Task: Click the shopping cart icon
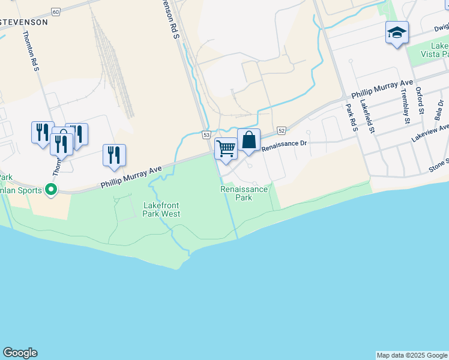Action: point(226,147)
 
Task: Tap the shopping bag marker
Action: point(249,140)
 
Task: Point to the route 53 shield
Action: point(206,135)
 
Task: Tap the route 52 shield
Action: point(281,130)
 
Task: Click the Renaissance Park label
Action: point(244,193)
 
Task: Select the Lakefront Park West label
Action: point(161,209)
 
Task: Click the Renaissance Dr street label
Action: point(285,144)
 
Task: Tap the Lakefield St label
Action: point(367,116)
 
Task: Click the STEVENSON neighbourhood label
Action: point(24,22)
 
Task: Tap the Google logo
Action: point(20,353)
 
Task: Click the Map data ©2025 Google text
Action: point(412,355)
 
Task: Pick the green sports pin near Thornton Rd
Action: point(51,191)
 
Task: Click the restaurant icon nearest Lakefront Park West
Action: point(113,155)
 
